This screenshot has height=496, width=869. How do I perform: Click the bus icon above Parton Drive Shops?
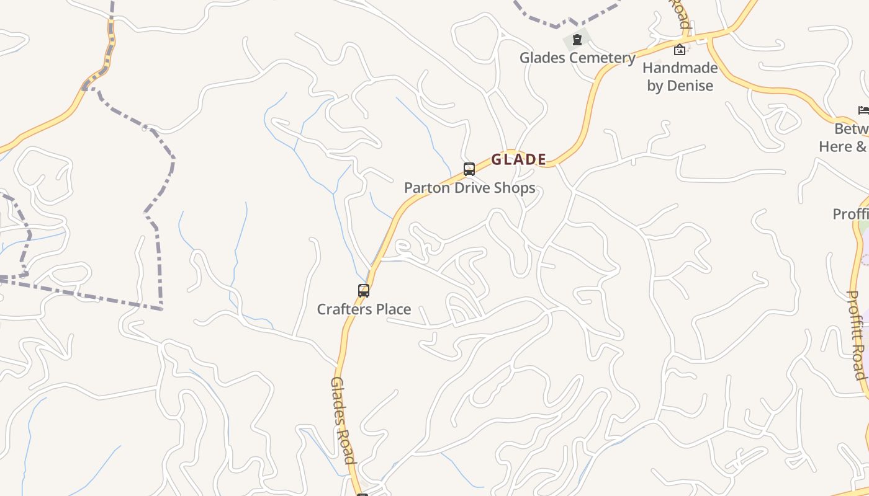pyautogui.click(x=469, y=169)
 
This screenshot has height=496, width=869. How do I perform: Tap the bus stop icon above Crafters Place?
pyautogui.click(x=364, y=290)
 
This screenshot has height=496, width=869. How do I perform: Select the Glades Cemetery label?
pyautogui.click(x=577, y=58)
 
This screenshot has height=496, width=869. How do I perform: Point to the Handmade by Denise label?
pyautogui.click(x=680, y=76)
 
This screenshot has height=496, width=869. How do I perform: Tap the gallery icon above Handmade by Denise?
pyautogui.click(x=680, y=50)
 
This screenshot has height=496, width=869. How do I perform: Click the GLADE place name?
pyautogui.click(x=519, y=159)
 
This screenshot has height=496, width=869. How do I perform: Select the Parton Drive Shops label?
pyautogui.click(x=469, y=188)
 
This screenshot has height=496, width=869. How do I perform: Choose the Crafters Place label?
pyautogui.click(x=364, y=309)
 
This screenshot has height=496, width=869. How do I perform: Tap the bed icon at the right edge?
pyautogui.click(x=863, y=110)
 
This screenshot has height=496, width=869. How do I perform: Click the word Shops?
pyautogui.click(x=516, y=188)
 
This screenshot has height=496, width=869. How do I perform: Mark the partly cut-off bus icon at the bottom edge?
pyautogui.click(x=362, y=494)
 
